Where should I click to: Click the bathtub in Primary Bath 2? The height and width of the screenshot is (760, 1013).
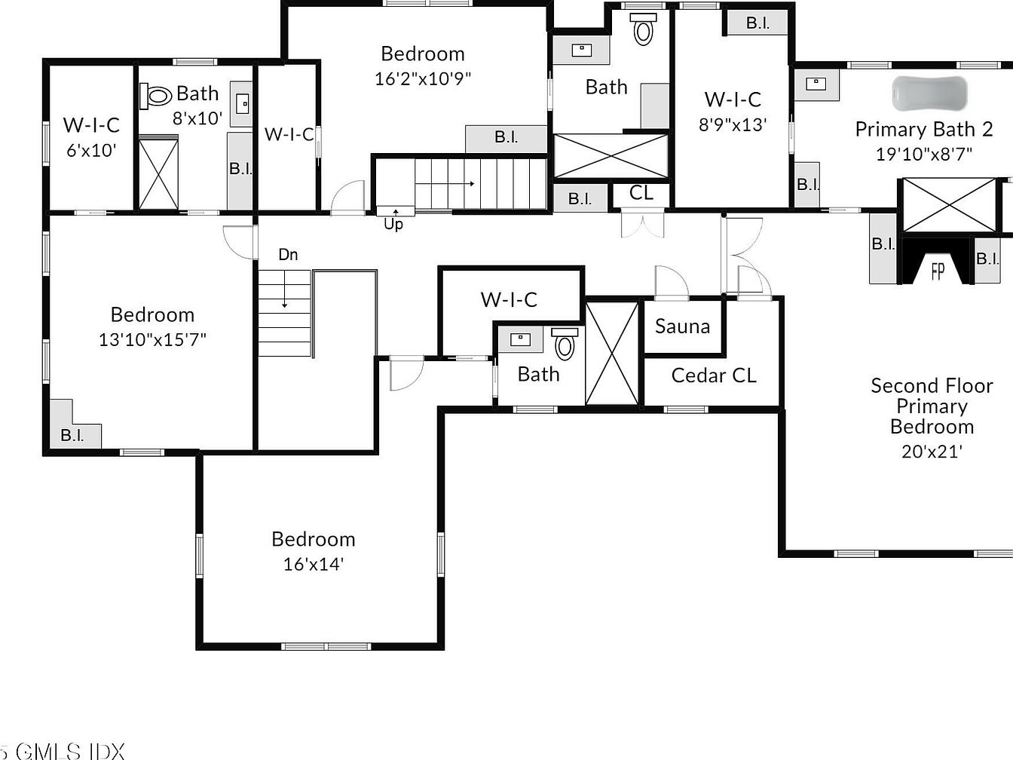click(x=930, y=93)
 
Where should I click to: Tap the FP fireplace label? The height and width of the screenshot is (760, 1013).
click(x=938, y=271)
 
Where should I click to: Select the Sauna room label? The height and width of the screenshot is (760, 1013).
click(x=683, y=326)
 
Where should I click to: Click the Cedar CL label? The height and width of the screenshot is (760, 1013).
click(x=714, y=375)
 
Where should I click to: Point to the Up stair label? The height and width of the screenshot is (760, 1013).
click(x=393, y=224)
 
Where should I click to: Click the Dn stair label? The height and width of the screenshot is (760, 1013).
click(x=288, y=254)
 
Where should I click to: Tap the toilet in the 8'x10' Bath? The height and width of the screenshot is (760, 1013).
click(x=156, y=97)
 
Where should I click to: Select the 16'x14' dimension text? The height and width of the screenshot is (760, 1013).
click(x=314, y=564)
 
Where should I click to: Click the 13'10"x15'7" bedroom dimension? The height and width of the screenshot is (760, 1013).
click(x=153, y=339)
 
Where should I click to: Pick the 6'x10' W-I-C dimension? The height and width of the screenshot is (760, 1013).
click(x=91, y=151)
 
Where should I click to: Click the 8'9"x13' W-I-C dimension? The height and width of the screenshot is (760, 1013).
click(x=733, y=124)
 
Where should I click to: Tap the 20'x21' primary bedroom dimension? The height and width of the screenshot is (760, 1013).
click(x=932, y=452)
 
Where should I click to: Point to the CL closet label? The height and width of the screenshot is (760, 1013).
click(x=641, y=193)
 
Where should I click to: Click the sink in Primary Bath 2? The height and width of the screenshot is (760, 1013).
click(x=816, y=84)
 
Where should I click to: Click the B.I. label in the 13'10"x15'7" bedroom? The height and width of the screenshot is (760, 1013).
click(x=72, y=435)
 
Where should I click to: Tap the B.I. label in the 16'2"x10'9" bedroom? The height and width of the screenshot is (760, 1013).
click(x=506, y=136)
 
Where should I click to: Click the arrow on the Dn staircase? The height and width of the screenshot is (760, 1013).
click(x=285, y=290)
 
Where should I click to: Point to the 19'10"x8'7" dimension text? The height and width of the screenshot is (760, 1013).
click(x=924, y=154)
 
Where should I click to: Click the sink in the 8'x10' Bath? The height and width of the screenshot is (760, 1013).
click(x=242, y=103)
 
